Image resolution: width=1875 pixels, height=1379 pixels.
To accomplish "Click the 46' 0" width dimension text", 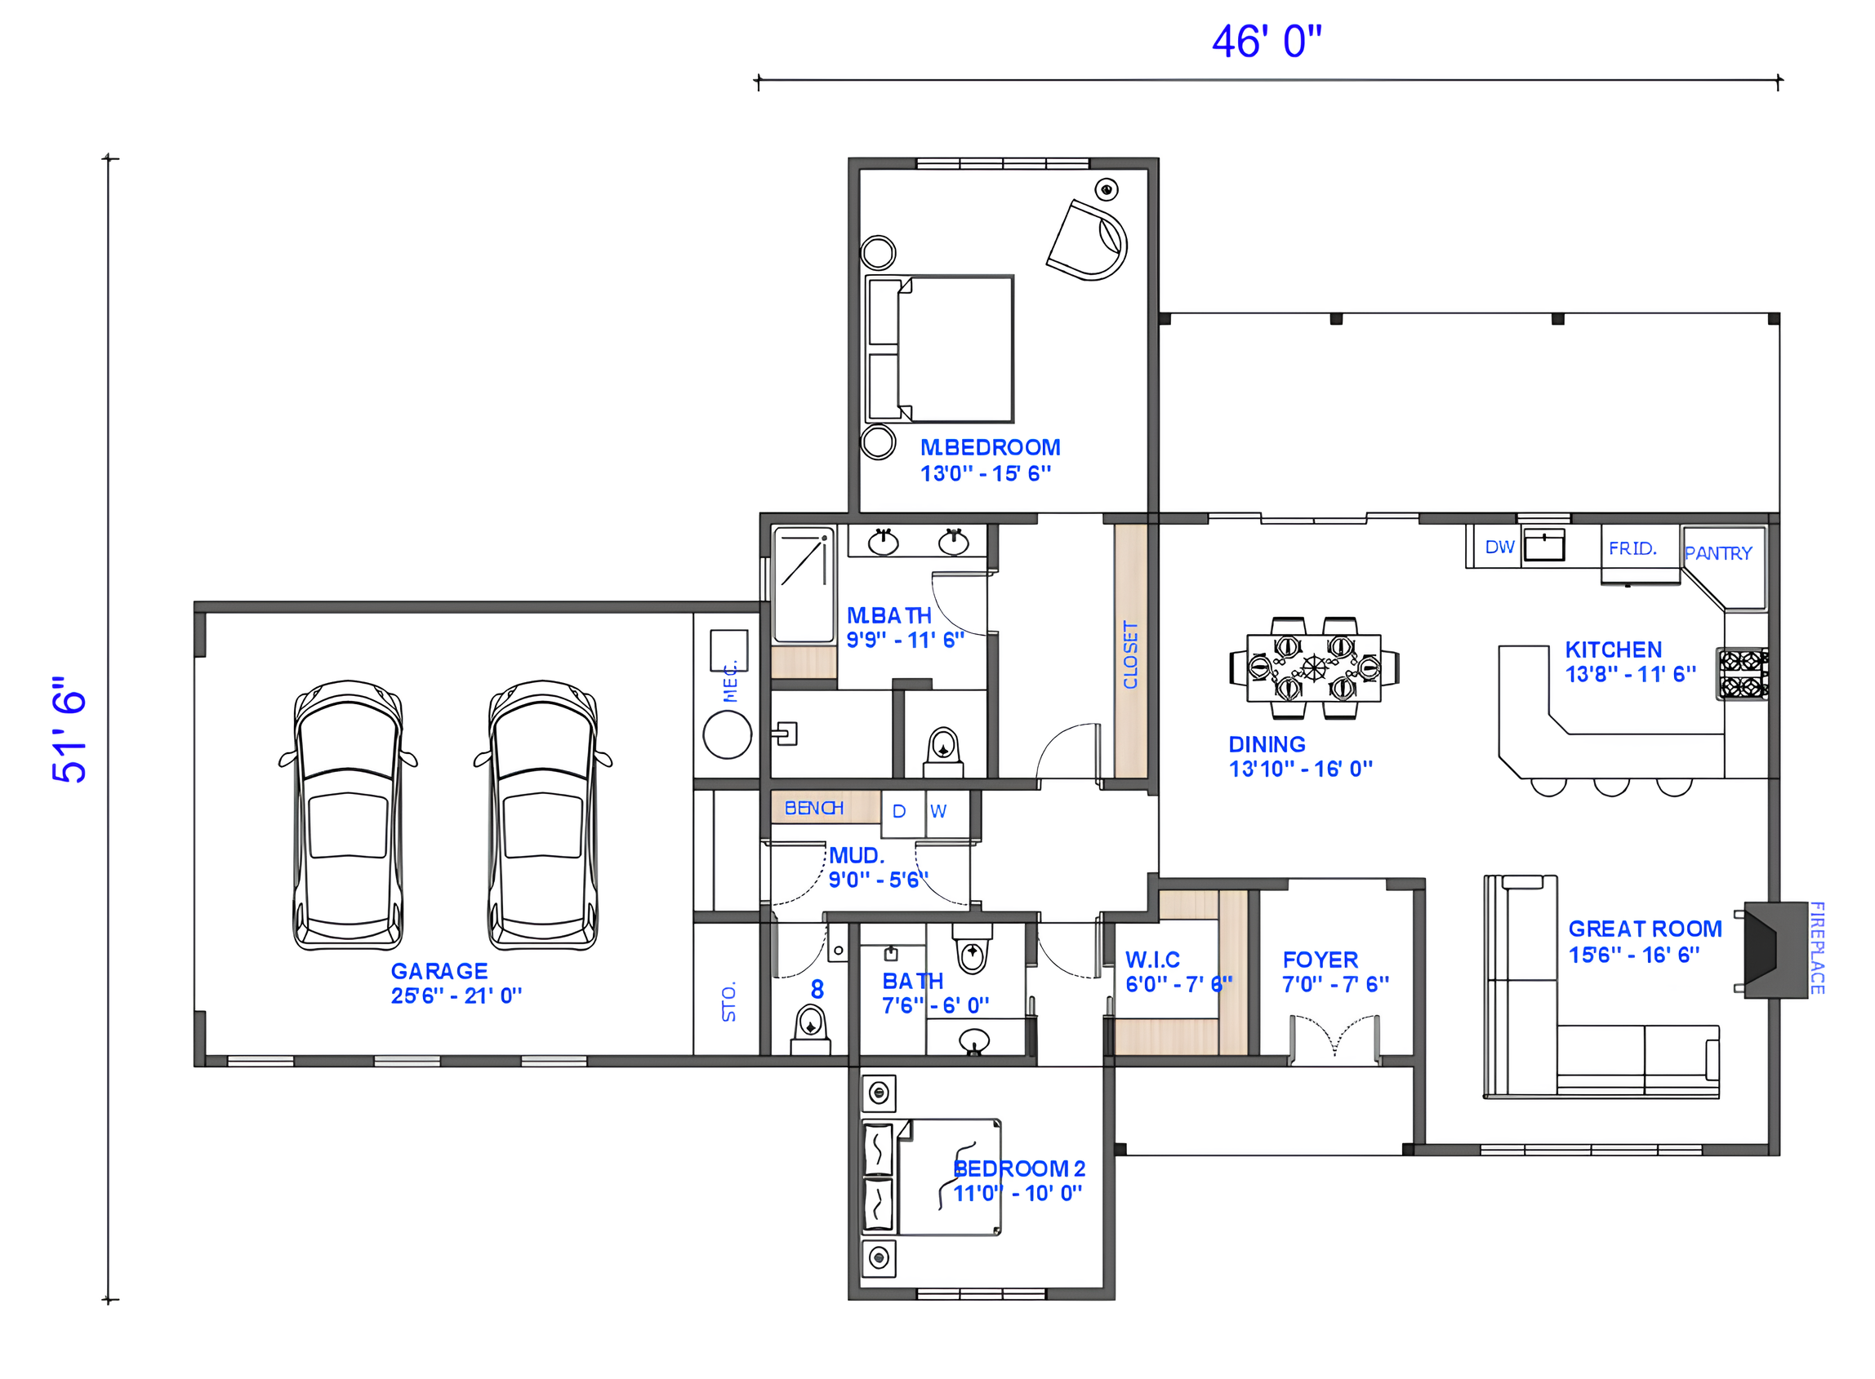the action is pos(1266,42).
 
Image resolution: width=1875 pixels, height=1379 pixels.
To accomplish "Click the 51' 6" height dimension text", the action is pos(70,729).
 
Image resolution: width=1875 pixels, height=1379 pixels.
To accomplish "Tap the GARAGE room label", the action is pos(439,971).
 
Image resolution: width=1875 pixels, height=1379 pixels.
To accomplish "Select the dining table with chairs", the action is pos(1314,667).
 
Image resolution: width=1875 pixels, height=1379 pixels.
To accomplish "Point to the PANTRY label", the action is pos(1718,553).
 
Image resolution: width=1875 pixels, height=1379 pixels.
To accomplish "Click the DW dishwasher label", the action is pos(1499,547).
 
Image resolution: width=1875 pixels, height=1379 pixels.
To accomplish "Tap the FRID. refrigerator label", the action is pos(1632,548).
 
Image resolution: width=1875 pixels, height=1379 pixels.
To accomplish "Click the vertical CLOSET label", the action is pos(1131,654).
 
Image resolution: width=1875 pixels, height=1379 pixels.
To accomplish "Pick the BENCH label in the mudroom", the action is pos(813,808).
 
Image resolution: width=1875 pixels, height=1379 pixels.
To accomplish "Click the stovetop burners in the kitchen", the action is pos(1741,674).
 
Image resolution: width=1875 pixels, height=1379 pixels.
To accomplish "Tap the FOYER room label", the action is pos(1320,960).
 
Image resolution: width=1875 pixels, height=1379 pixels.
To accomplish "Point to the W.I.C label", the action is pos(1152,960).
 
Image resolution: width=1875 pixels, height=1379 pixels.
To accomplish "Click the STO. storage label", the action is pos(729,1002).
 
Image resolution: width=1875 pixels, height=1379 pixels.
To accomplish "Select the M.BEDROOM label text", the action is pos(990,447).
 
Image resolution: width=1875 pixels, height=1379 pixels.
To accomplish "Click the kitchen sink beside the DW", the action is pos(1544,547).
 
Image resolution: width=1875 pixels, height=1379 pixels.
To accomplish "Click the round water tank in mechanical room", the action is pos(728,734).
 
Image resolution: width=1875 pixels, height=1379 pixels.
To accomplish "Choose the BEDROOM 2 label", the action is pos(1019,1168).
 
